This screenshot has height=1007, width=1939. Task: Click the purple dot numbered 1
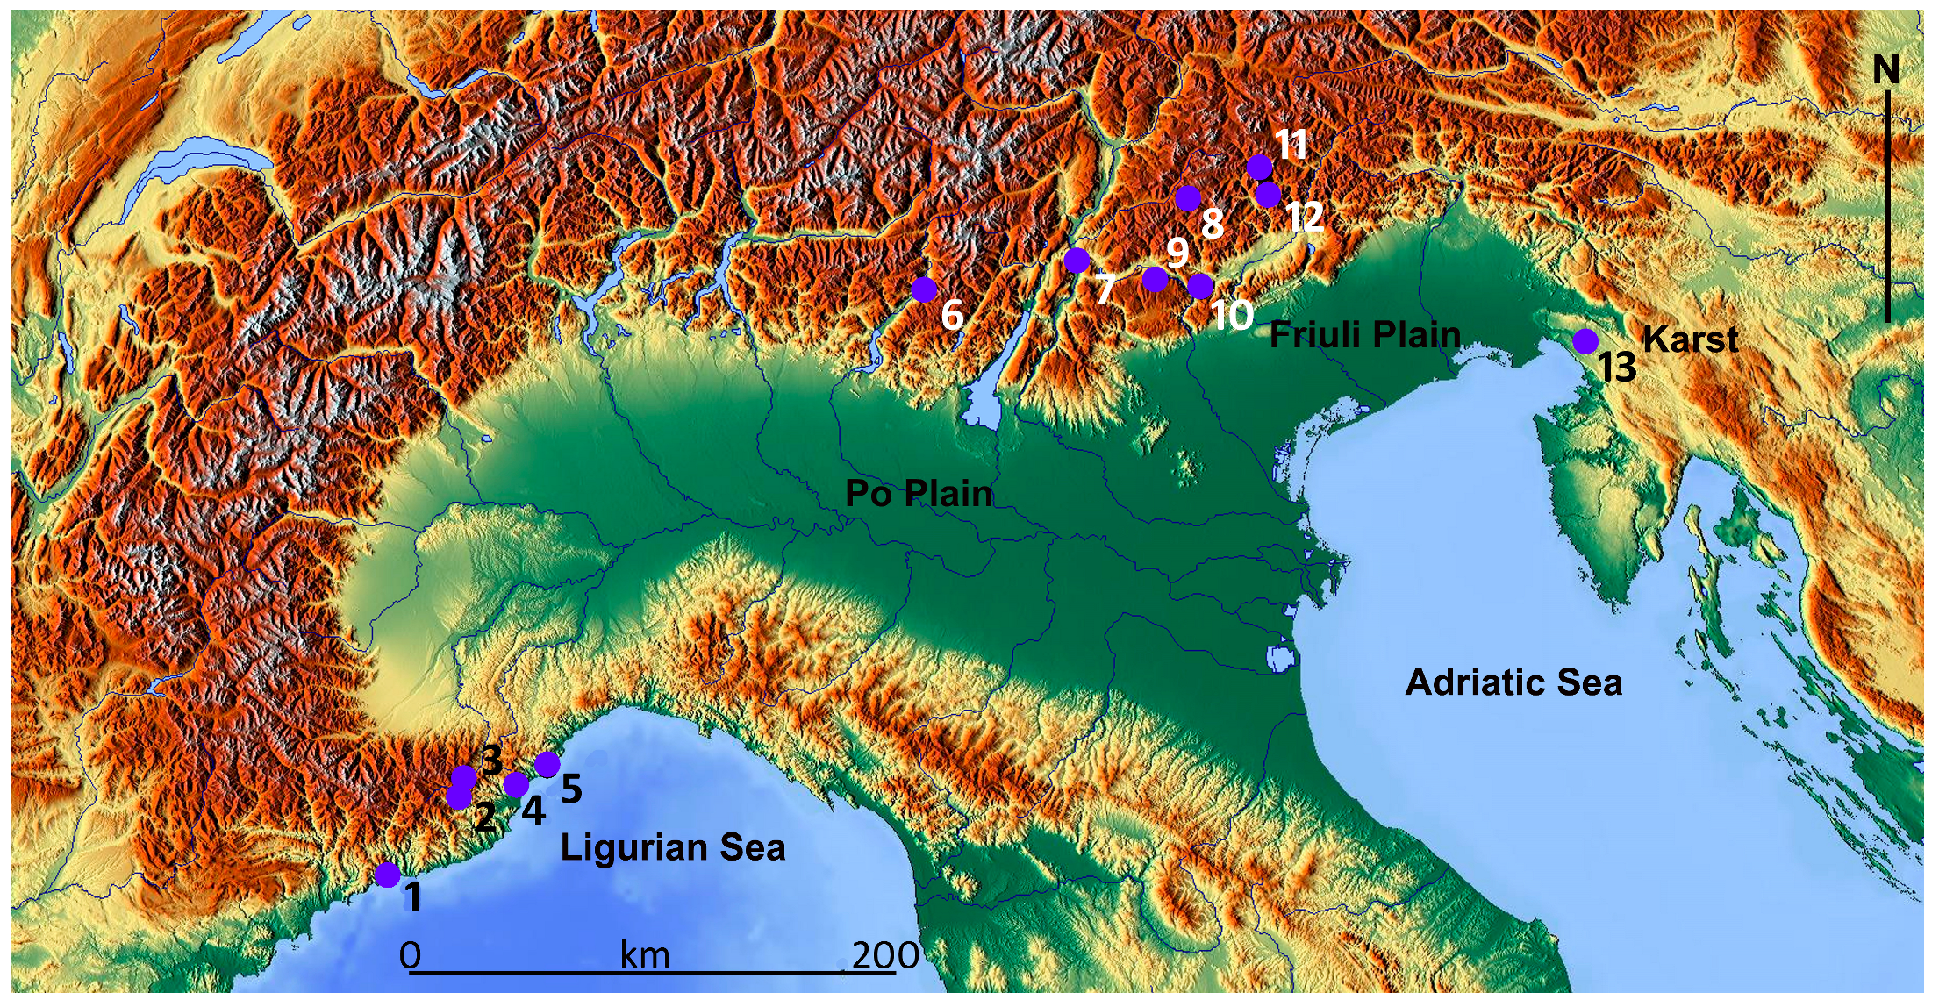387,875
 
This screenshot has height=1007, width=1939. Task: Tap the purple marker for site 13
1585,341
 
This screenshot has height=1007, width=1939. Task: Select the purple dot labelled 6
924,289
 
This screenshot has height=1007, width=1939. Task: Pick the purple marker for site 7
1077,261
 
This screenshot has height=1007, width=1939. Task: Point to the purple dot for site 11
1259,167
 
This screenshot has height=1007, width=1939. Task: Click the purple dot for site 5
547,764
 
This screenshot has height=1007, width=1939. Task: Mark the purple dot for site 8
1187,198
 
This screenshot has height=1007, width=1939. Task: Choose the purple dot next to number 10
1200,286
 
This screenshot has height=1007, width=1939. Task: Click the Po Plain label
919,494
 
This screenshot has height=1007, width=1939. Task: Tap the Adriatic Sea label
1513,682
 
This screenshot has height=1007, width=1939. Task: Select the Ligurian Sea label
673,848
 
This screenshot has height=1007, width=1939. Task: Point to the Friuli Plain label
1365,335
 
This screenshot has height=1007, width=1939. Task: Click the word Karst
1690,339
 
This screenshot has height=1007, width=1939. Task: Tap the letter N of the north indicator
1886,69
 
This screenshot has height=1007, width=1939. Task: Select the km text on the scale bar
645,955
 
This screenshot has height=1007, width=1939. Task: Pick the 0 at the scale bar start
410,955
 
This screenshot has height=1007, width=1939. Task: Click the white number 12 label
1306,217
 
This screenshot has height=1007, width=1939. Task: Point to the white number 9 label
1177,253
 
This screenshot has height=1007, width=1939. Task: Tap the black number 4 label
533,811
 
